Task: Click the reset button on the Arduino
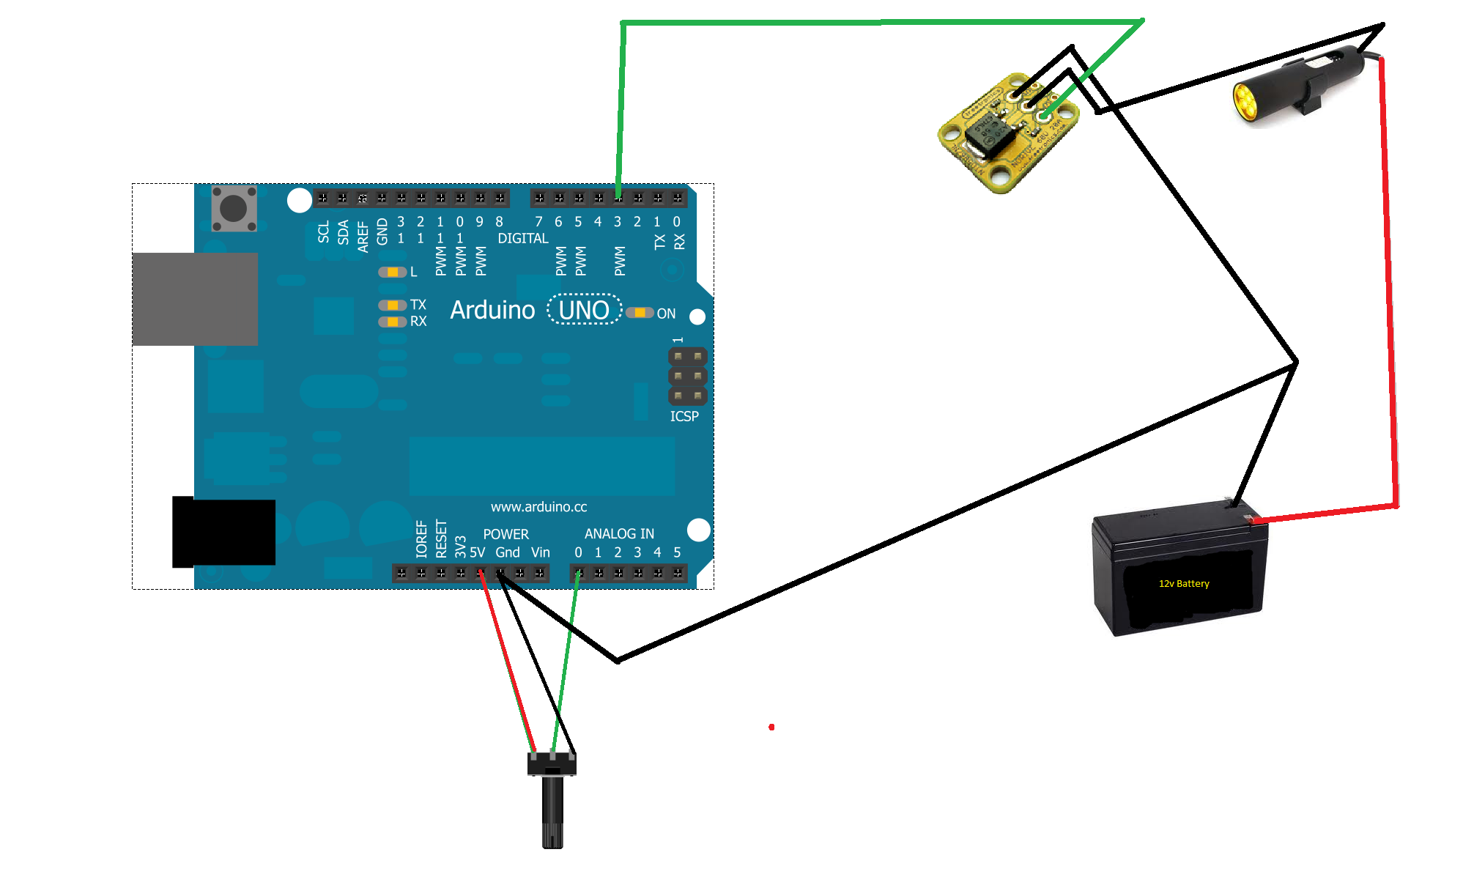pyautogui.click(x=234, y=209)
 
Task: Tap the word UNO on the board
pyautogui.click(x=584, y=311)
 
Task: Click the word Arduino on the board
pyautogui.click(x=492, y=311)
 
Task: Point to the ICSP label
pyautogui.click(x=684, y=416)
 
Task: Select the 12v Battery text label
pyautogui.click(x=1184, y=584)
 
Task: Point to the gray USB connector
pyautogui.click(x=195, y=299)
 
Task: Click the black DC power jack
pyautogui.click(x=224, y=533)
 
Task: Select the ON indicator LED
pyautogui.click(x=640, y=313)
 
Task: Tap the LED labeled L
pyautogui.click(x=393, y=273)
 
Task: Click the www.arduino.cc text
pyautogui.click(x=538, y=507)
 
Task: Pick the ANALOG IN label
pyautogui.click(x=619, y=534)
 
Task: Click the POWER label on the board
pyautogui.click(x=505, y=534)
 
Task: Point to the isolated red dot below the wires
pyautogui.click(x=771, y=727)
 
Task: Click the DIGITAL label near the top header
pyautogui.click(x=522, y=239)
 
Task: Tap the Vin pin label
pyautogui.click(x=541, y=552)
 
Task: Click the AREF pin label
pyautogui.click(x=363, y=237)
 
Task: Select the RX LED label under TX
pyautogui.click(x=418, y=322)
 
